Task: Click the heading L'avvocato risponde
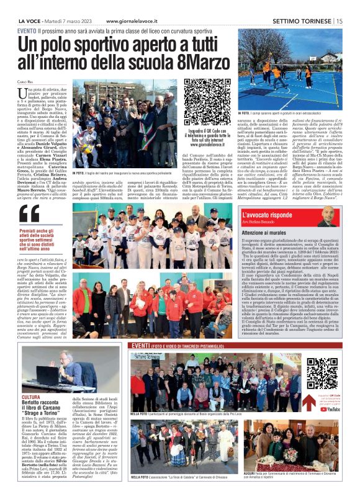pyautogui.click(x=269, y=215)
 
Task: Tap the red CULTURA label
pyautogui.click(x=31, y=397)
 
